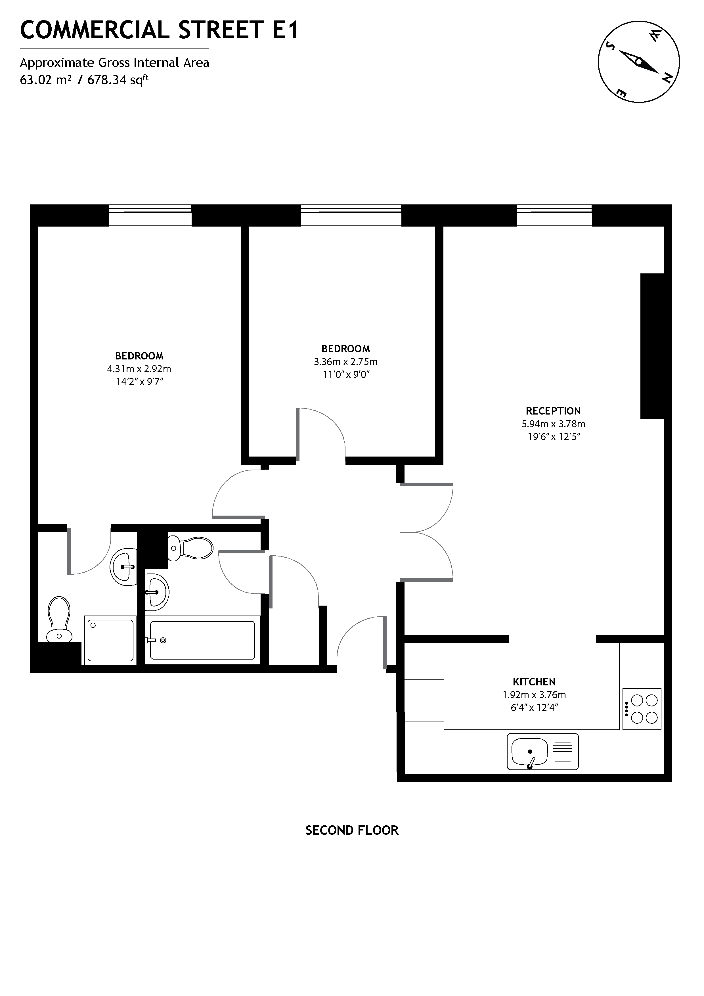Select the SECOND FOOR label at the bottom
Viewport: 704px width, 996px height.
[352, 830]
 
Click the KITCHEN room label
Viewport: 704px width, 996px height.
[534, 681]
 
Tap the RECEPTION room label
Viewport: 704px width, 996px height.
[553, 411]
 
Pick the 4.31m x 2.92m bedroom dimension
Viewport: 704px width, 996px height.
[139, 369]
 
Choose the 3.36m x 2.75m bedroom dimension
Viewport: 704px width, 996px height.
[346, 362]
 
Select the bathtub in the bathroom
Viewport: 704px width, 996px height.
[203, 640]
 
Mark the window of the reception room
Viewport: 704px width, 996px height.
[554, 215]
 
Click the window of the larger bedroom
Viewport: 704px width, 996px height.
[150, 215]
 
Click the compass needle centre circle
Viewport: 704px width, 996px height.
[638, 62]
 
